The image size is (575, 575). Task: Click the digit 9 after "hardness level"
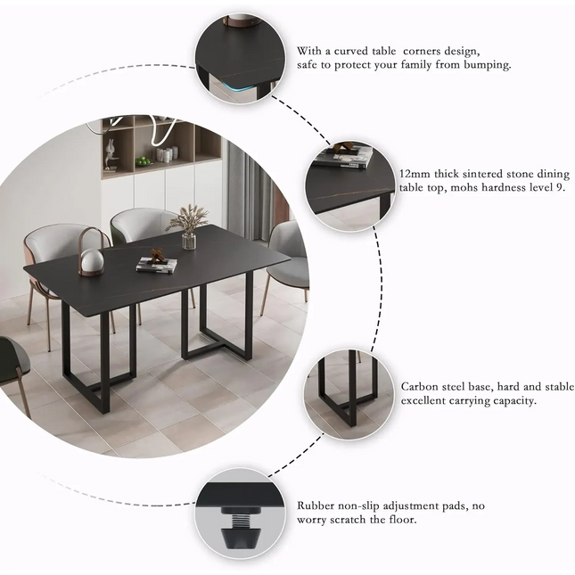coord(562,188)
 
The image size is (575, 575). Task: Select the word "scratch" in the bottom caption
coord(369,519)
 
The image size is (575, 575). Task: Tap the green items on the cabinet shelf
coord(144,161)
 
